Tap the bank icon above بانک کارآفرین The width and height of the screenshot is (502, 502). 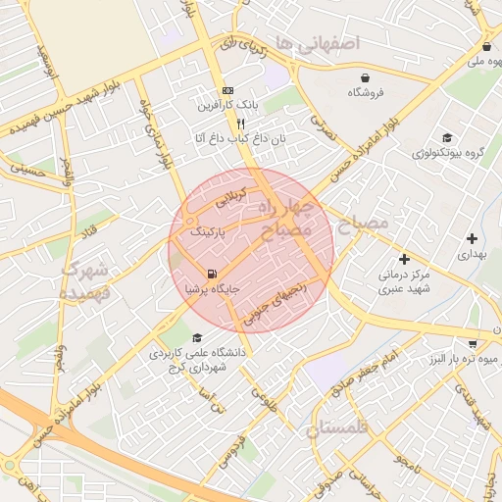(x=227, y=88)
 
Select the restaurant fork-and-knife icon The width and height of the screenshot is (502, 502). (x=227, y=124)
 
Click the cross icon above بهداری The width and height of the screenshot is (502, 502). (x=473, y=238)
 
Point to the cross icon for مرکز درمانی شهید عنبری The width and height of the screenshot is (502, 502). (x=404, y=259)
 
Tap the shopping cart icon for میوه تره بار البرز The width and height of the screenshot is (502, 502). (x=473, y=344)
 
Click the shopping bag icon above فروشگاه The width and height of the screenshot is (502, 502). (x=365, y=77)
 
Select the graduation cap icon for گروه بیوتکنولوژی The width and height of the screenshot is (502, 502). (x=447, y=138)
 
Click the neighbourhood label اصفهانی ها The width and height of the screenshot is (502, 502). (x=318, y=43)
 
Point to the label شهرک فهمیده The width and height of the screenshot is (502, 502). (x=86, y=280)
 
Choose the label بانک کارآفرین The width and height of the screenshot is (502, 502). (x=227, y=104)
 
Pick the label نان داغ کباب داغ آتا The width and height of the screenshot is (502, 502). (x=239, y=139)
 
